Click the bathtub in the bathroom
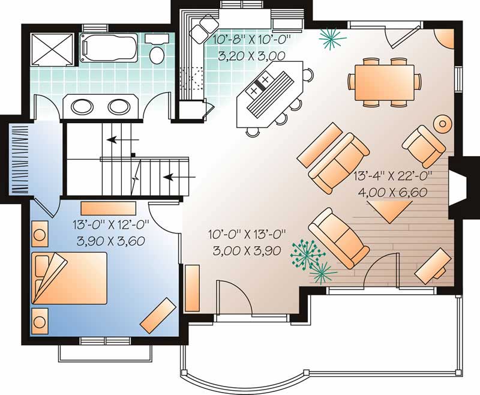click(109, 48)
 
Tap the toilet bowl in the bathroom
click(157, 55)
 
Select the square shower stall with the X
click(52, 49)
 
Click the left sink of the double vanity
click(82, 107)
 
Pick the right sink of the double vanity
click(119, 107)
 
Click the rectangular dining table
click(385, 82)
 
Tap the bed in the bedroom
click(69, 278)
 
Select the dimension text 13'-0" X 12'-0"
click(111, 225)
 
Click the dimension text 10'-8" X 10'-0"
click(251, 40)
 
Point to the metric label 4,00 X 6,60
click(393, 193)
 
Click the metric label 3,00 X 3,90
click(247, 251)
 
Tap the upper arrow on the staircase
click(123, 140)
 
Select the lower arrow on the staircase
click(179, 176)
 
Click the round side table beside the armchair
click(442, 124)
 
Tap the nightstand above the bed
click(40, 234)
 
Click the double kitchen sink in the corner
click(205, 25)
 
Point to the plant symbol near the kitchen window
click(332, 38)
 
